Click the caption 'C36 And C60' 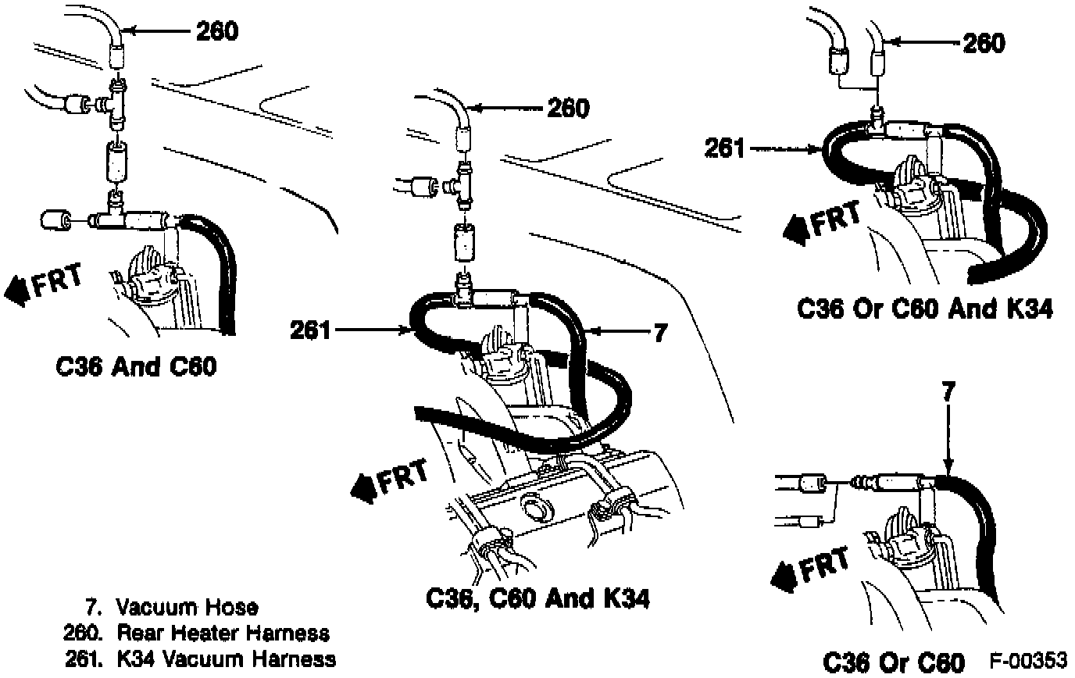(136, 366)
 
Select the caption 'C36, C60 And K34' (537, 598)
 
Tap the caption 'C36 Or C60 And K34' (925, 309)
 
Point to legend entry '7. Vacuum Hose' (171, 607)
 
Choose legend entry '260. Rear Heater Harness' (196, 633)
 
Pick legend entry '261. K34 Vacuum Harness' (199, 658)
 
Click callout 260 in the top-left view (216, 31)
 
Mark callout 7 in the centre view (659, 333)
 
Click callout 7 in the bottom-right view (947, 391)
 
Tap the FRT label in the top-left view (57, 284)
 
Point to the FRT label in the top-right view (837, 219)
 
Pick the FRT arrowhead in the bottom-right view (781, 576)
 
